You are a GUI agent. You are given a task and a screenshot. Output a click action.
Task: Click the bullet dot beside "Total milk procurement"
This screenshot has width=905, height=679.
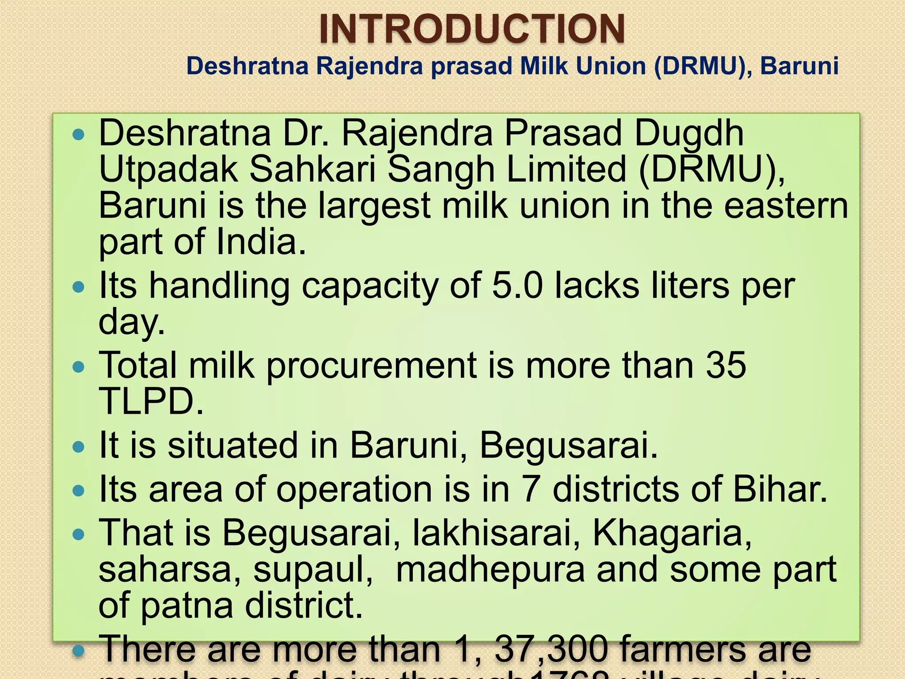(x=78, y=367)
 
